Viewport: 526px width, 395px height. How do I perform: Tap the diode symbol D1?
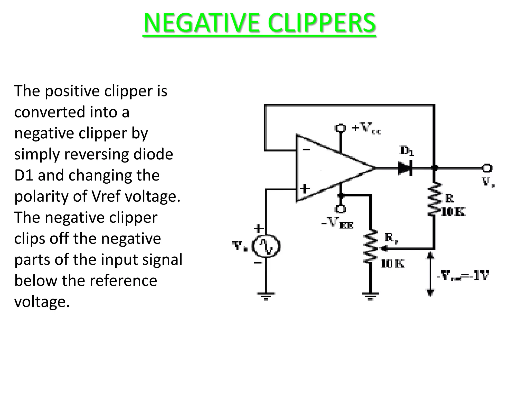405,168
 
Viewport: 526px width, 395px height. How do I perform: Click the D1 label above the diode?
407,151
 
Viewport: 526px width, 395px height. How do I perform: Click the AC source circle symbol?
266,246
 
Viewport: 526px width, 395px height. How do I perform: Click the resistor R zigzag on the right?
434,199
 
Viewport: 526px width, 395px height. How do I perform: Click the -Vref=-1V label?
462,276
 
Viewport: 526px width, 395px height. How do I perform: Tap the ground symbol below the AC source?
266,296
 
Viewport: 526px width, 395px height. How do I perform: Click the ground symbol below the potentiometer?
370,296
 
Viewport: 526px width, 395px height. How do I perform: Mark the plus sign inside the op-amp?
305,189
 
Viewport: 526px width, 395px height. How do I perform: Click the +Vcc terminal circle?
341,128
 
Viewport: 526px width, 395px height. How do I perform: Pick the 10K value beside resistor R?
453,212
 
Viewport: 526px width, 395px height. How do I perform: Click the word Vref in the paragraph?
105,196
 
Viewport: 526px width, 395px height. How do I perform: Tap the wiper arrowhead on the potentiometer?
383,249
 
